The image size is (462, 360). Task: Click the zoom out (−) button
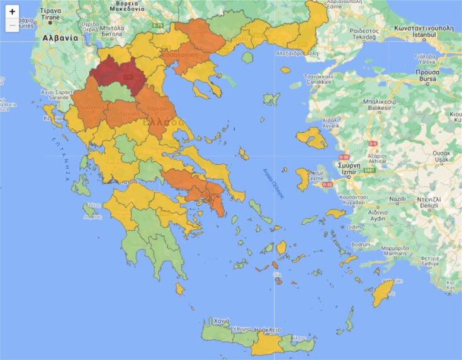coord(12,26)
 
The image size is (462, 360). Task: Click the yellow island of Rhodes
coord(382,293)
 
